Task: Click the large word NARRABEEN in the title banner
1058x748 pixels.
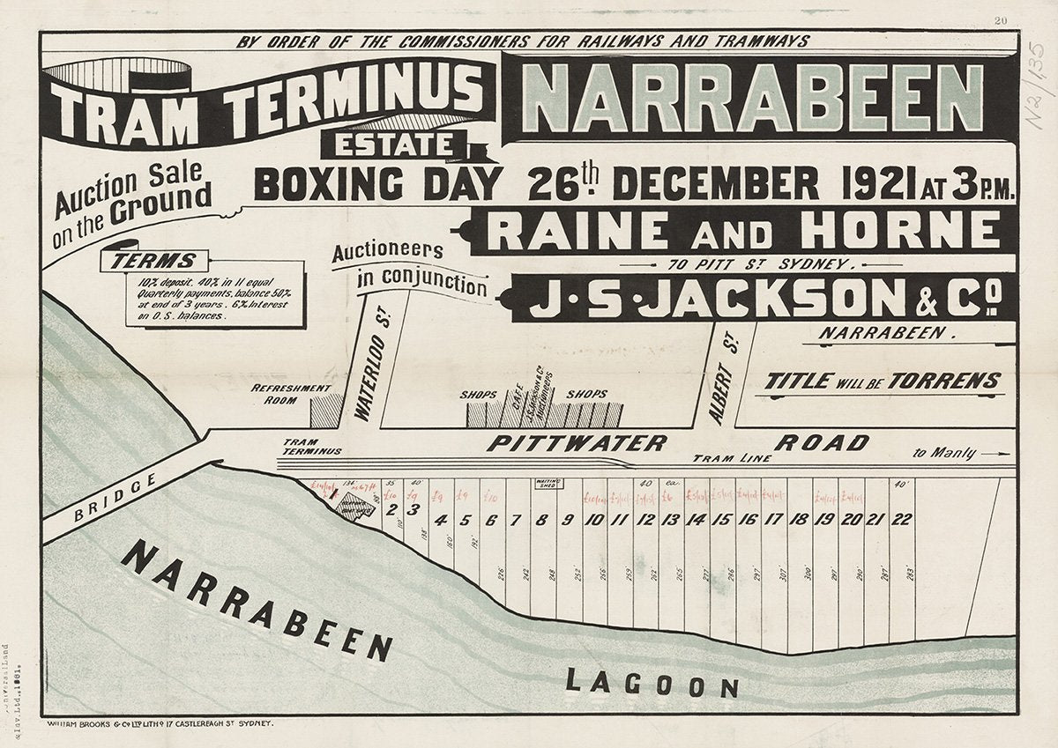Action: coord(758,98)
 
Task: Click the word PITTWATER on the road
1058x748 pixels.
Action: coord(577,443)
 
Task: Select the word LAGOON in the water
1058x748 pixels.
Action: coord(652,683)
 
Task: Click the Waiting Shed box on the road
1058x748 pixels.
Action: coord(548,483)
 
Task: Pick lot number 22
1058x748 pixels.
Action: coord(901,520)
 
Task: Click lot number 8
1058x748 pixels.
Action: coord(541,520)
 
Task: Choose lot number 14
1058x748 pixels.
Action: coord(697,520)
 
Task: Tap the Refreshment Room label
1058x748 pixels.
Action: coord(291,393)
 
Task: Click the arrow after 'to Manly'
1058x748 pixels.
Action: coord(996,454)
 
